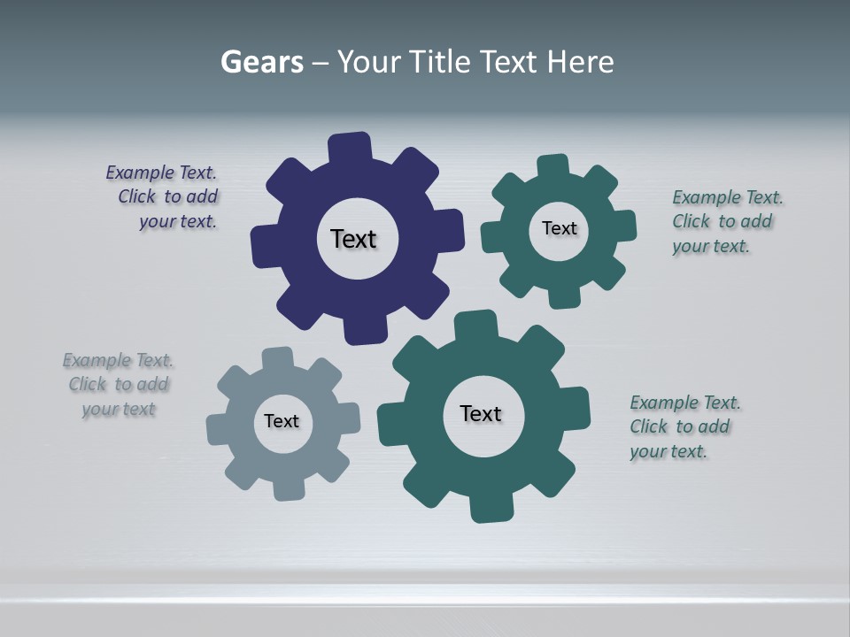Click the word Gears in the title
[x=262, y=63]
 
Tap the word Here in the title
[x=580, y=63]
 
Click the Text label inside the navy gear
[x=353, y=239]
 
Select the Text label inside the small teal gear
[x=559, y=228]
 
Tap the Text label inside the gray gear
[x=282, y=421]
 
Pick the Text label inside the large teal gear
[x=481, y=413]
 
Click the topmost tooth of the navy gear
[x=350, y=147]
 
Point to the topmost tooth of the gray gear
[x=277, y=358]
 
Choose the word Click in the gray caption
[x=88, y=384]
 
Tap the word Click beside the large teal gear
[x=649, y=426]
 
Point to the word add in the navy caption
[x=203, y=196]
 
